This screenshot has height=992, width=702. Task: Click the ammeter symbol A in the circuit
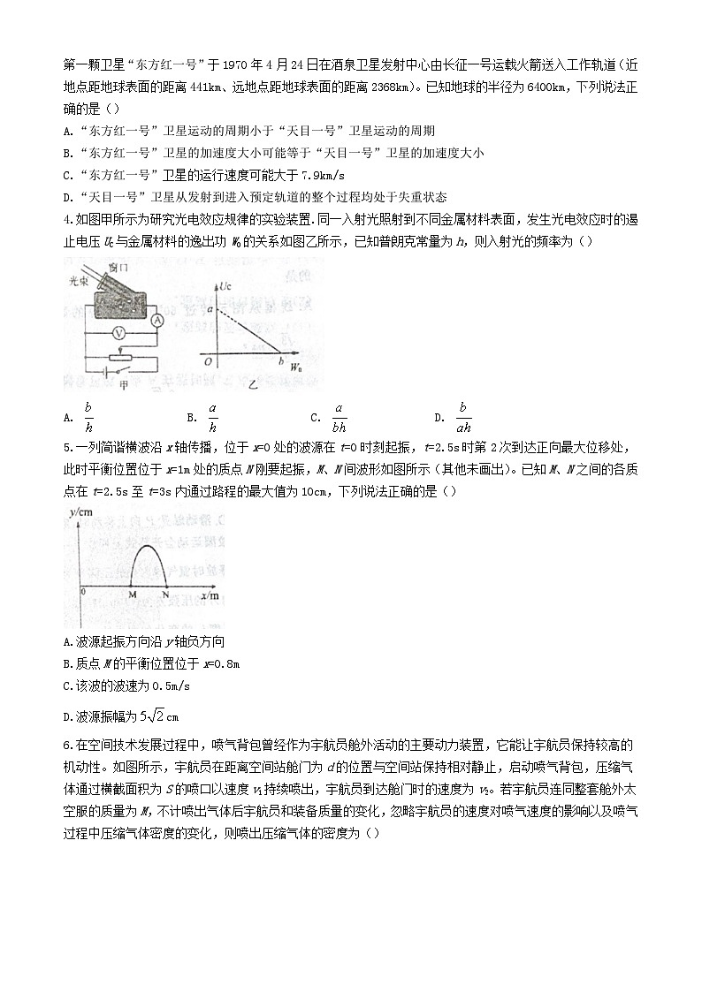(x=156, y=319)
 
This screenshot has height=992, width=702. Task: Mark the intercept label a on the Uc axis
(x=210, y=309)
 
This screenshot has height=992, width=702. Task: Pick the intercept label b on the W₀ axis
(x=280, y=362)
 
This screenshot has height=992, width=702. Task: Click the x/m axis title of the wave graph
(x=210, y=595)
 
